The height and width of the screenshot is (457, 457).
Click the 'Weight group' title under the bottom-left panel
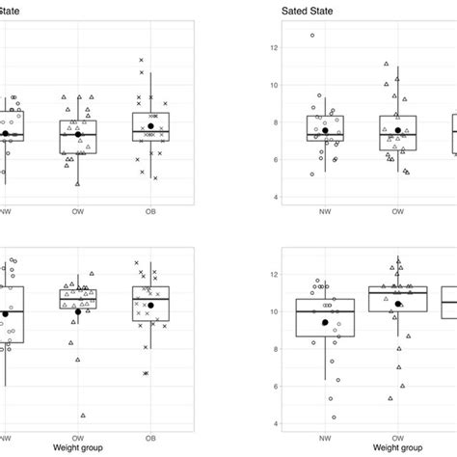[79, 447]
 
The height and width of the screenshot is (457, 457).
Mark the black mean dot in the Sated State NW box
[326, 130]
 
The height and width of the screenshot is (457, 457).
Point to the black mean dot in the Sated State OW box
[398, 130]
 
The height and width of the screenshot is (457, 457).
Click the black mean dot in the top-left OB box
[151, 126]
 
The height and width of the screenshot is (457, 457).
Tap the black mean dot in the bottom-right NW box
[326, 322]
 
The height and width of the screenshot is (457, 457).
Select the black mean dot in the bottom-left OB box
[151, 305]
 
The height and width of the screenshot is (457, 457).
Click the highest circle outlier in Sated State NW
[311, 36]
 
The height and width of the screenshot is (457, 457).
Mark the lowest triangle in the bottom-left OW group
[83, 416]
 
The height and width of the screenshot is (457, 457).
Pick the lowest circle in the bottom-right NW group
[335, 417]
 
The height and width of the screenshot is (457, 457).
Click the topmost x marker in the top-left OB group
[142, 61]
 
